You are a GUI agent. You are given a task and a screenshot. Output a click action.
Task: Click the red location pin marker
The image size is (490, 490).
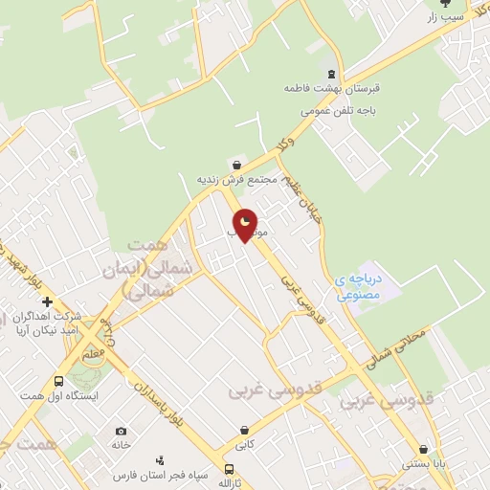[246, 223]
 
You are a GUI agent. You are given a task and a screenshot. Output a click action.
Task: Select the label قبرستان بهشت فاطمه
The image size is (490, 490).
[332, 88]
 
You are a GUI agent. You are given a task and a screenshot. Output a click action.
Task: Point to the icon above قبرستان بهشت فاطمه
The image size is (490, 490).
[332, 74]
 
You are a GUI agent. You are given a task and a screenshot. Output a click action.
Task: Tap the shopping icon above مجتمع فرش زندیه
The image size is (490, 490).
[236, 165]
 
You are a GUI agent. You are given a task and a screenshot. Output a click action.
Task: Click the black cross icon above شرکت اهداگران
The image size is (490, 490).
[47, 302]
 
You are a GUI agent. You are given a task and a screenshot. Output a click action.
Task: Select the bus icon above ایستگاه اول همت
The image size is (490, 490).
[59, 381]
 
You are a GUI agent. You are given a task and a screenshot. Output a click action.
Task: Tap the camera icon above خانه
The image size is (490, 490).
[121, 432]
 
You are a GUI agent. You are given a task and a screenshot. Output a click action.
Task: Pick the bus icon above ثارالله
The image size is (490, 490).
[229, 469]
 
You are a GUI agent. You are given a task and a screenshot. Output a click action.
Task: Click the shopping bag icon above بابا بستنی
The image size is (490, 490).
[424, 449]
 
